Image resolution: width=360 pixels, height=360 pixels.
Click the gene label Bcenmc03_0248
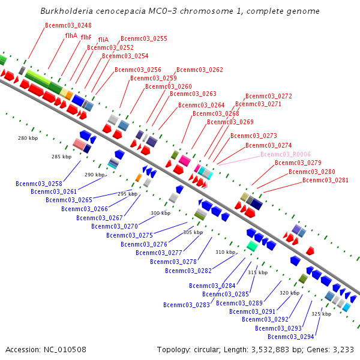68,25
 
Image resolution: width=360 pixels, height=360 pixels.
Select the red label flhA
71,36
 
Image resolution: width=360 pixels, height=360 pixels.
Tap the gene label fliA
103,39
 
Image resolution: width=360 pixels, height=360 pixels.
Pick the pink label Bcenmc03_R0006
286,154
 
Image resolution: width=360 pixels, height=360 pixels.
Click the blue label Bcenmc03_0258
39,184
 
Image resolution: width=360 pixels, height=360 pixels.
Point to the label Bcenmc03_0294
293,337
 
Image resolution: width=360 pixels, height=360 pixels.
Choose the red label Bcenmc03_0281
325,180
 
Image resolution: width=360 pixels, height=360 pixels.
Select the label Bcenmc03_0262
200,70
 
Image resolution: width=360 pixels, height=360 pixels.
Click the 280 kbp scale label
28,139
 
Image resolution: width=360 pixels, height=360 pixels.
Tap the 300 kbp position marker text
160,213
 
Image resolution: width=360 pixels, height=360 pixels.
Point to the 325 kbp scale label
321,314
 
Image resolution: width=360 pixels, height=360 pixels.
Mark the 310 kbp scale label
226,252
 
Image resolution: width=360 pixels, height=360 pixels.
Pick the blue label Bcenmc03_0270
115,226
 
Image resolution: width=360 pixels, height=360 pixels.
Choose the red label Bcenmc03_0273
254,136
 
